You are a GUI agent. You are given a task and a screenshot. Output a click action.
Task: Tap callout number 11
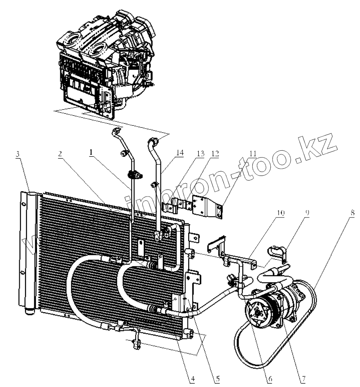[x=253, y=154]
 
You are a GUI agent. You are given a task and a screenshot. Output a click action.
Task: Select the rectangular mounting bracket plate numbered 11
[x=206, y=207]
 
